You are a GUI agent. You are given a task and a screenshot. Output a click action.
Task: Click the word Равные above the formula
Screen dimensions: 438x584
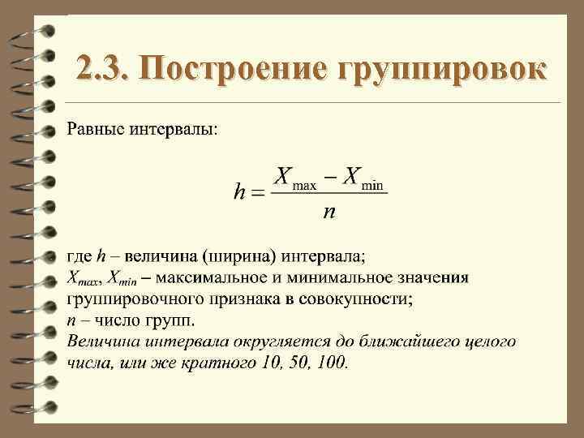pyautogui.click(x=95, y=130)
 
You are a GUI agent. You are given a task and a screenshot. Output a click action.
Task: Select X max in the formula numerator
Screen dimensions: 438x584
pyautogui.click(x=294, y=179)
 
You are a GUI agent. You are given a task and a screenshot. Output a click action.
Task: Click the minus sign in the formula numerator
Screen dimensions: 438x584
pyautogui.click(x=331, y=176)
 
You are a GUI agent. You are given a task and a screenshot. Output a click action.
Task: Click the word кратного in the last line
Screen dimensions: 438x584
pyautogui.click(x=206, y=362)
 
